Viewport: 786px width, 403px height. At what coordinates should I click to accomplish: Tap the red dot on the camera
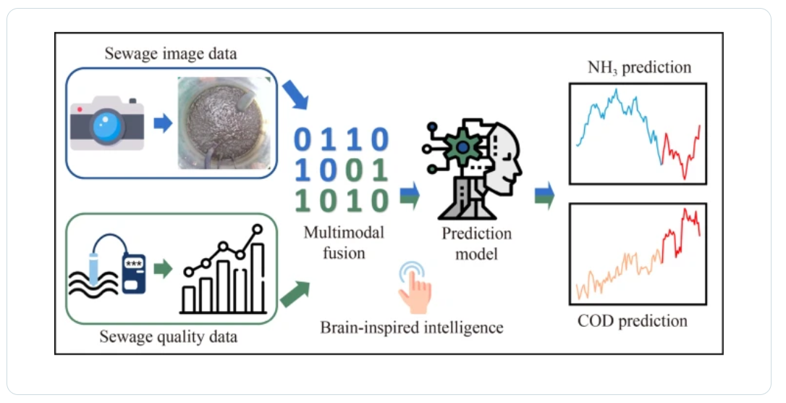80,109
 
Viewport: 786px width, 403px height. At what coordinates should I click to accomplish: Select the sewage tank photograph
224,122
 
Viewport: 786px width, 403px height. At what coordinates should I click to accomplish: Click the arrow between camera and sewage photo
162,123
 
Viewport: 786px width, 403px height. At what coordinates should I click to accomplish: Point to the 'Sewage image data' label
170,54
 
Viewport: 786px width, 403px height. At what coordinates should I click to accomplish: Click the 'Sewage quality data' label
168,336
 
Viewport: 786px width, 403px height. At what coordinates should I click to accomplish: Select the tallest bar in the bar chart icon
258,278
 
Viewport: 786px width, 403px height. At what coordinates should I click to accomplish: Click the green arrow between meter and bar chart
162,269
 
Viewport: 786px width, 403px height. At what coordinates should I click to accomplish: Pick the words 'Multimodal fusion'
344,242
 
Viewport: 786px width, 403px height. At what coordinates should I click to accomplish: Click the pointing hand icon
415,288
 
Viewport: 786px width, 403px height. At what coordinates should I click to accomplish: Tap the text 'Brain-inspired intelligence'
412,328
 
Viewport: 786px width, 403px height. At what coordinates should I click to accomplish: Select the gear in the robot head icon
462,146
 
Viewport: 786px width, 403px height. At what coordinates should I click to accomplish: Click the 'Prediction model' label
476,244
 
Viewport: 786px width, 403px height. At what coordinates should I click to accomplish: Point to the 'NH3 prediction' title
639,67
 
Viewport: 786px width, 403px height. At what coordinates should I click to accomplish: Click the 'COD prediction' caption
632,321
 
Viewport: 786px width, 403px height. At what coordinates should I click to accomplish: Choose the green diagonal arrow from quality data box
295,294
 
